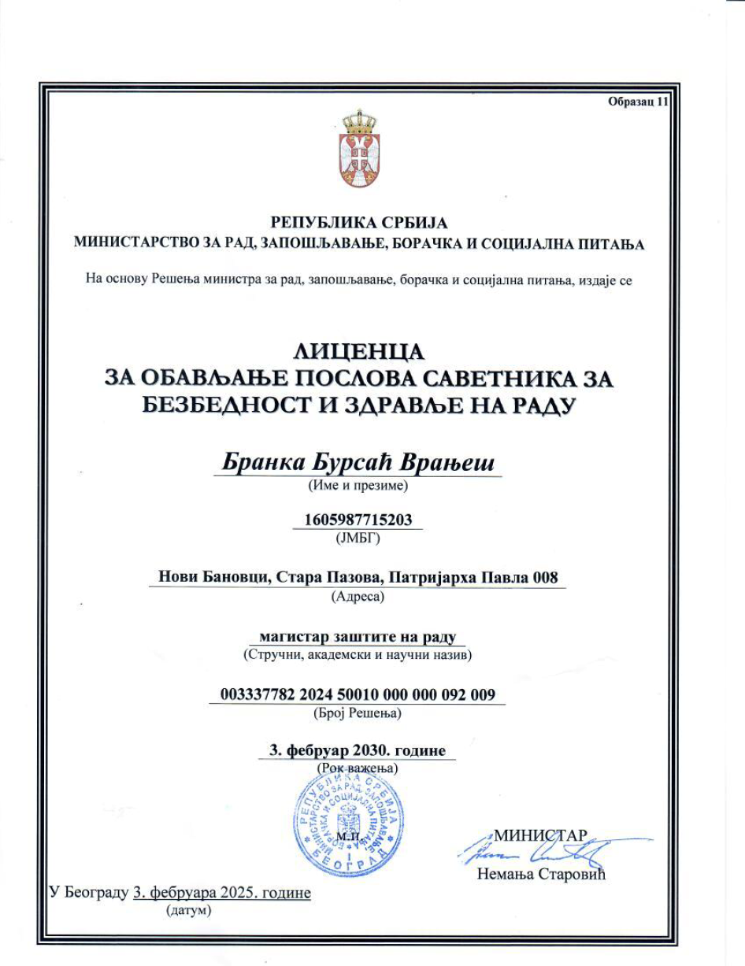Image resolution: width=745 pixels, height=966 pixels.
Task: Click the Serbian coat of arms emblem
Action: [359, 150]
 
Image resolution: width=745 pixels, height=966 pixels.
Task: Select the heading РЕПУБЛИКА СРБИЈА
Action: [358, 223]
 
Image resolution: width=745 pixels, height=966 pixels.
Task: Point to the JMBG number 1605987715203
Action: [358, 520]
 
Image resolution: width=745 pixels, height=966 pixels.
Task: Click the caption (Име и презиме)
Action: [358, 486]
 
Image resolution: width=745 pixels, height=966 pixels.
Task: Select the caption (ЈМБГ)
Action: [358, 539]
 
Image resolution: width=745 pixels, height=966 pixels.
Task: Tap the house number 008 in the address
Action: [545, 578]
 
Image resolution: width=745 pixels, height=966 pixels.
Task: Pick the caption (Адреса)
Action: [358, 597]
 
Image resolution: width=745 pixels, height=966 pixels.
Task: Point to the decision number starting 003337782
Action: [358, 694]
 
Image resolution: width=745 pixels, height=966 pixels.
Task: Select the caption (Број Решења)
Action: [358, 713]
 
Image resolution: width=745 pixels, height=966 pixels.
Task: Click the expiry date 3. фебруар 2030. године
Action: [358, 750]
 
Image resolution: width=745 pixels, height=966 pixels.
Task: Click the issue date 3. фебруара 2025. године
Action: [222, 893]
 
